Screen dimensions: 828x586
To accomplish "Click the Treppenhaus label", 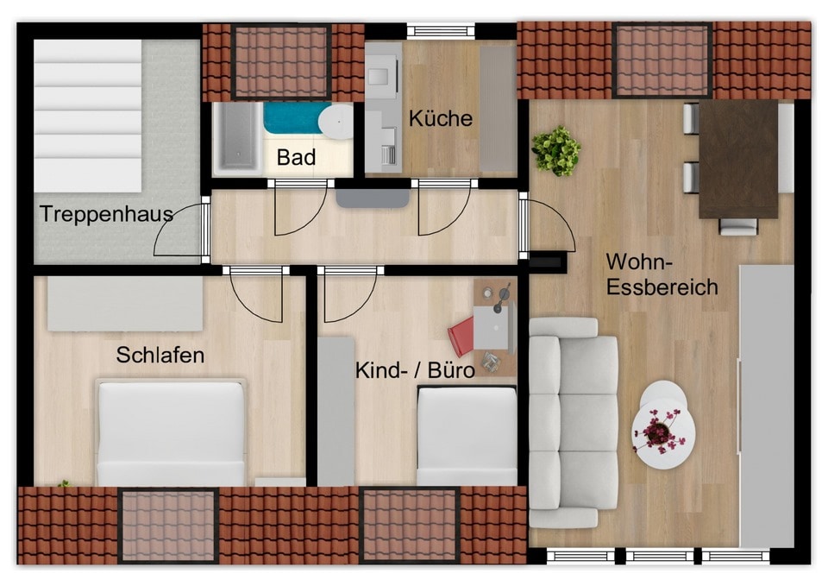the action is [x=106, y=214].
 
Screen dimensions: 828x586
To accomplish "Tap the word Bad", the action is [x=296, y=157].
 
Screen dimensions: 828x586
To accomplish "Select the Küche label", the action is [x=441, y=118].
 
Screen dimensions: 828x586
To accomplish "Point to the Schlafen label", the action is [x=160, y=355].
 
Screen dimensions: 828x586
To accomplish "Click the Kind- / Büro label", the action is [x=415, y=370].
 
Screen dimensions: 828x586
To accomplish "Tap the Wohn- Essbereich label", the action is [x=662, y=274].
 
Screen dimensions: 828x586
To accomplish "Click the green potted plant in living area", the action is [x=555, y=150].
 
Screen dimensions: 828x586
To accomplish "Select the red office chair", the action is [x=461, y=336].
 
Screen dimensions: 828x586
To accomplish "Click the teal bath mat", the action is [x=293, y=118].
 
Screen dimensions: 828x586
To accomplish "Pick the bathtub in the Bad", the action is [x=237, y=138].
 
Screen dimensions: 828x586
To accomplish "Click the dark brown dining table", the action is [x=738, y=159].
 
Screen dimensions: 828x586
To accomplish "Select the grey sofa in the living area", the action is [x=574, y=422].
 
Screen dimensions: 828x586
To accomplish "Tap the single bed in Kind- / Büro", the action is [x=467, y=436].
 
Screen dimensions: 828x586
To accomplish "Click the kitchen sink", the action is [x=382, y=74].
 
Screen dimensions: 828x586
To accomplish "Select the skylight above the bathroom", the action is [x=281, y=62].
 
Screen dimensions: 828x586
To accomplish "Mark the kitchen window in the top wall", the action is [x=441, y=30].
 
